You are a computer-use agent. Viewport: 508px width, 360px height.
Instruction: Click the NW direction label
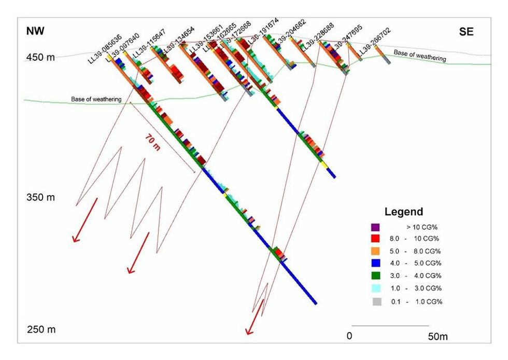[35, 32]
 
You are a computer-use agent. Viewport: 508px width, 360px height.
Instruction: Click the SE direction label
[466, 32]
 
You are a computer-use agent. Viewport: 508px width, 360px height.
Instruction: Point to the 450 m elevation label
[40, 58]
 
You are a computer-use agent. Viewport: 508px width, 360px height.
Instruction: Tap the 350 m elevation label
[40, 198]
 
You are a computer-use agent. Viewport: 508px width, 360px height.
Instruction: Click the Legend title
[404, 212]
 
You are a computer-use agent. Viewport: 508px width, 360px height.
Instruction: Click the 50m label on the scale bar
[438, 337]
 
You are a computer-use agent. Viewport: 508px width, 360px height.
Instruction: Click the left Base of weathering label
[96, 99]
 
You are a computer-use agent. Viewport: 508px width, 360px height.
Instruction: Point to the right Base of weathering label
[419, 56]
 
